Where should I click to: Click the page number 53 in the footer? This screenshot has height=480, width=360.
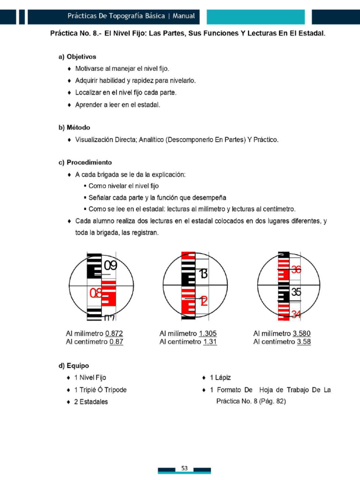pyautogui.click(x=184, y=468)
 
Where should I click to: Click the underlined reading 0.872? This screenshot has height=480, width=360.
pyautogui.click(x=114, y=334)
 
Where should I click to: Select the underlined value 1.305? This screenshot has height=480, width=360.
pyautogui.click(x=208, y=334)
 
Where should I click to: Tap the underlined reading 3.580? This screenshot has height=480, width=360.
pyautogui.click(x=301, y=334)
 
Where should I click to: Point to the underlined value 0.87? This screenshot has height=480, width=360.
pyautogui.click(x=116, y=342)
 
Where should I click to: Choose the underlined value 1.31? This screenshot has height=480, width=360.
pyautogui.click(x=210, y=342)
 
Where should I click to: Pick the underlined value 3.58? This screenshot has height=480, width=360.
pyautogui.click(x=304, y=342)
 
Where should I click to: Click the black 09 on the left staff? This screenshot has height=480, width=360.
pyautogui.click(x=110, y=266)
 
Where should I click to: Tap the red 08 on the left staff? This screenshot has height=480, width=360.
pyautogui.click(x=96, y=294)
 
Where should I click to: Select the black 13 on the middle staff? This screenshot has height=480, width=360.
pyautogui.click(x=203, y=274)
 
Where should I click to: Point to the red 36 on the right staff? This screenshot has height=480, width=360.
pyautogui.click(x=296, y=270)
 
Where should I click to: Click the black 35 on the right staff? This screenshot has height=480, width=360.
pyautogui.click(x=296, y=292)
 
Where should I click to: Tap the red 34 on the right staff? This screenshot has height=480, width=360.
pyautogui.click(x=296, y=314)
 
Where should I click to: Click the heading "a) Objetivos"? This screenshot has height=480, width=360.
pyautogui.click(x=77, y=57)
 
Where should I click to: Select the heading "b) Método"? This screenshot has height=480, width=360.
pyautogui.click(x=74, y=127)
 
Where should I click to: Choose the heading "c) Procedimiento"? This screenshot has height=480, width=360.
pyautogui.click(x=85, y=163)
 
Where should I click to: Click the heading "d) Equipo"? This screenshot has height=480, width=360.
pyautogui.click(x=74, y=366)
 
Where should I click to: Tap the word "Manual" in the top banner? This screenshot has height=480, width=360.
pyautogui.click(x=184, y=16)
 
